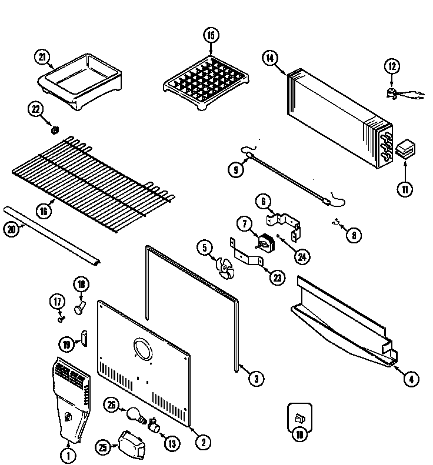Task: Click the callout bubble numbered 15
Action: click(211, 35)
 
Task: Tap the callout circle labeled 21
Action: click(42, 57)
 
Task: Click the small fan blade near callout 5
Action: click(224, 267)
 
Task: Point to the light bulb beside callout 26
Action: click(135, 416)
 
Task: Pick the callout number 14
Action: click(270, 58)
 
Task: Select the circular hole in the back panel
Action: click(143, 350)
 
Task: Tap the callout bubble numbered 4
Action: click(412, 379)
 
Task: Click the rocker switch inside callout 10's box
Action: click(299, 418)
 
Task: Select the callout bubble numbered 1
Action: click(69, 454)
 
